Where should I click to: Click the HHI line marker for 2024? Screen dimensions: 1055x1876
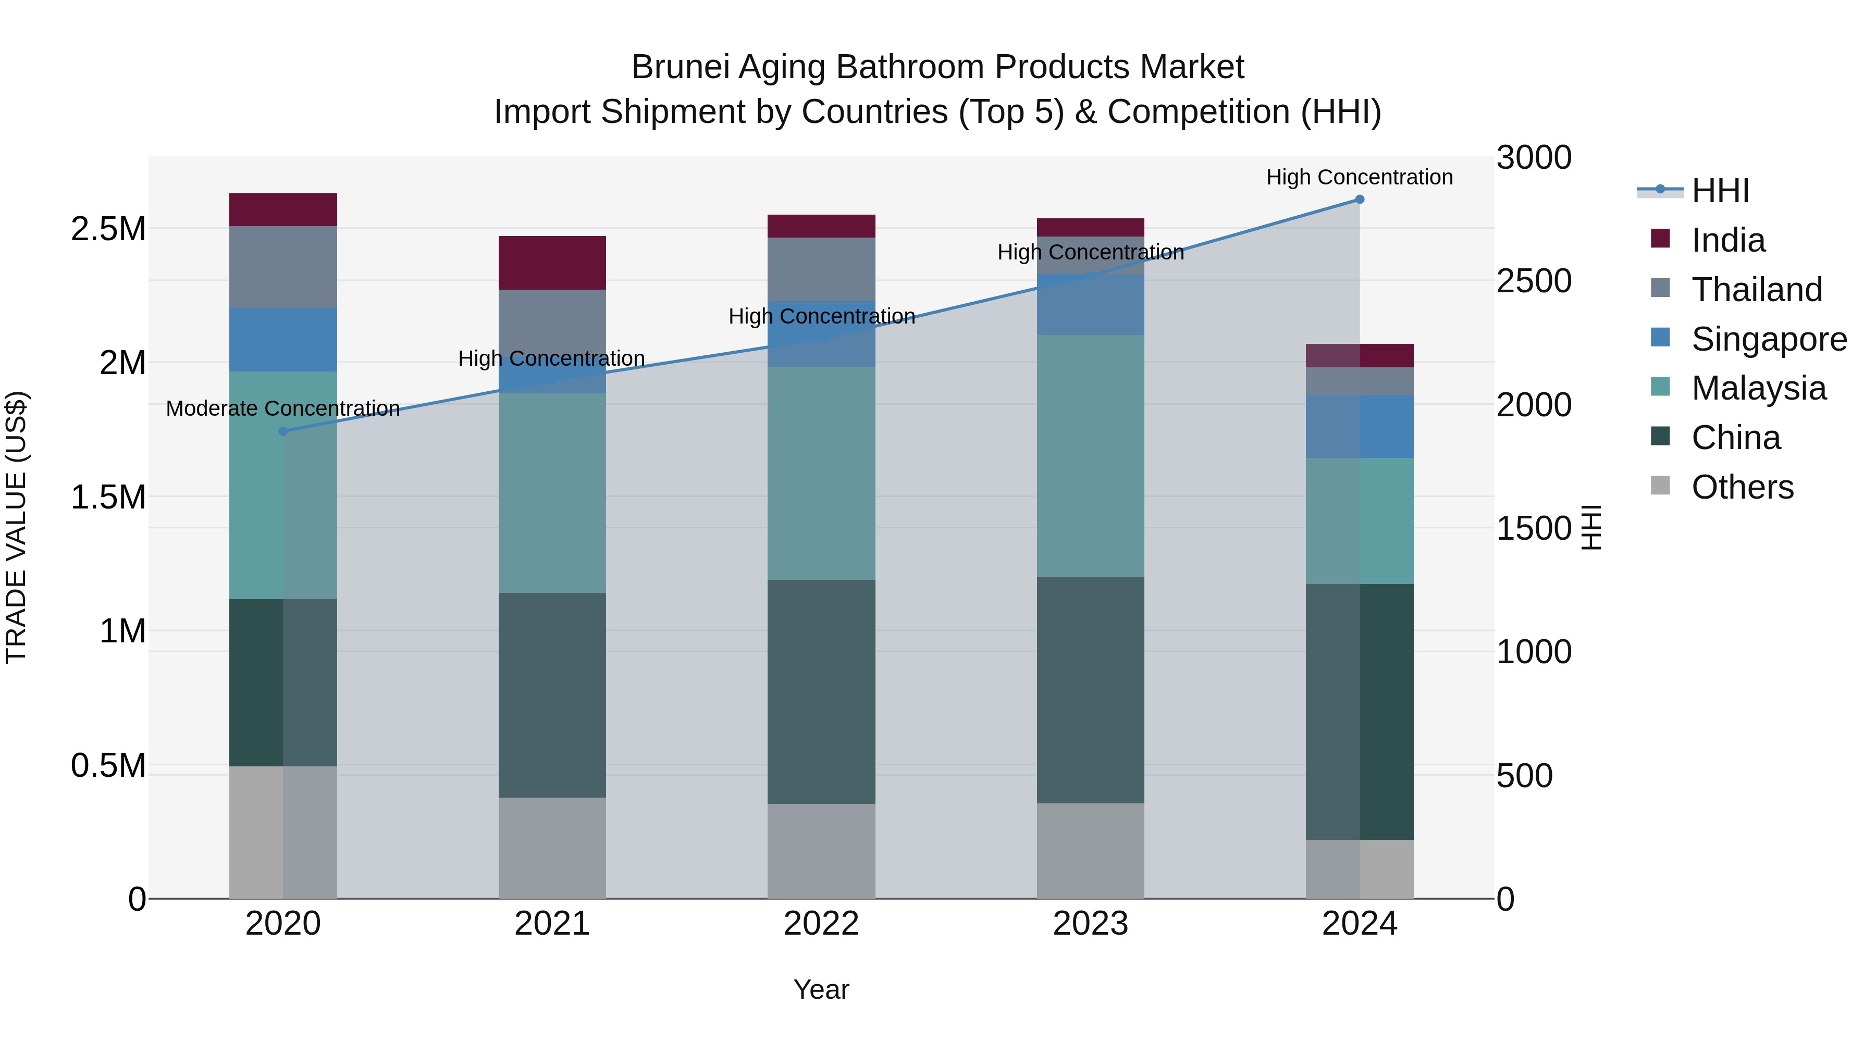[x=1359, y=200]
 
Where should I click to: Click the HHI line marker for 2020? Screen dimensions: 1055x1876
[x=283, y=431]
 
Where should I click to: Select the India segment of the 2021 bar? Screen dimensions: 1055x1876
[x=552, y=263]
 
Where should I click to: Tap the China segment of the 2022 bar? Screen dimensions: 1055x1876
[x=821, y=692]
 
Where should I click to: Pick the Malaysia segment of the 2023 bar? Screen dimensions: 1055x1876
[x=1090, y=456]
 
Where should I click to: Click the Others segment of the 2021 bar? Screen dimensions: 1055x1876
[x=552, y=848]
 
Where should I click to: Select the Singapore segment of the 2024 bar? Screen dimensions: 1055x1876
[x=1359, y=427]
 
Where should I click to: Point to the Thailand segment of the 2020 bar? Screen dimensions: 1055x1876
[x=283, y=267]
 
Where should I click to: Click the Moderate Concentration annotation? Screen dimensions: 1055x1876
[x=283, y=408]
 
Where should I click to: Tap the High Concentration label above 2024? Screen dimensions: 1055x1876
[x=1359, y=177]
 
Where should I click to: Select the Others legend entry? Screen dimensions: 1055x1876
[x=1742, y=487]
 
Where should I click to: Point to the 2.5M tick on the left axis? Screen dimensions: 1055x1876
[x=108, y=229]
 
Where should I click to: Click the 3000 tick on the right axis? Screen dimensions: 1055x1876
[x=1533, y=158]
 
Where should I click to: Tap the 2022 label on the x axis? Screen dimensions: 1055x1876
[x=821, y=924]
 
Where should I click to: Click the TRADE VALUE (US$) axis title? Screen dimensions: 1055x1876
[x=16, y=527]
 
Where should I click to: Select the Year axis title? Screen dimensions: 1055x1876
[x=821, y=989]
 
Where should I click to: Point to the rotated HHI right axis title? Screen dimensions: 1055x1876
[x=1592, y=527]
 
